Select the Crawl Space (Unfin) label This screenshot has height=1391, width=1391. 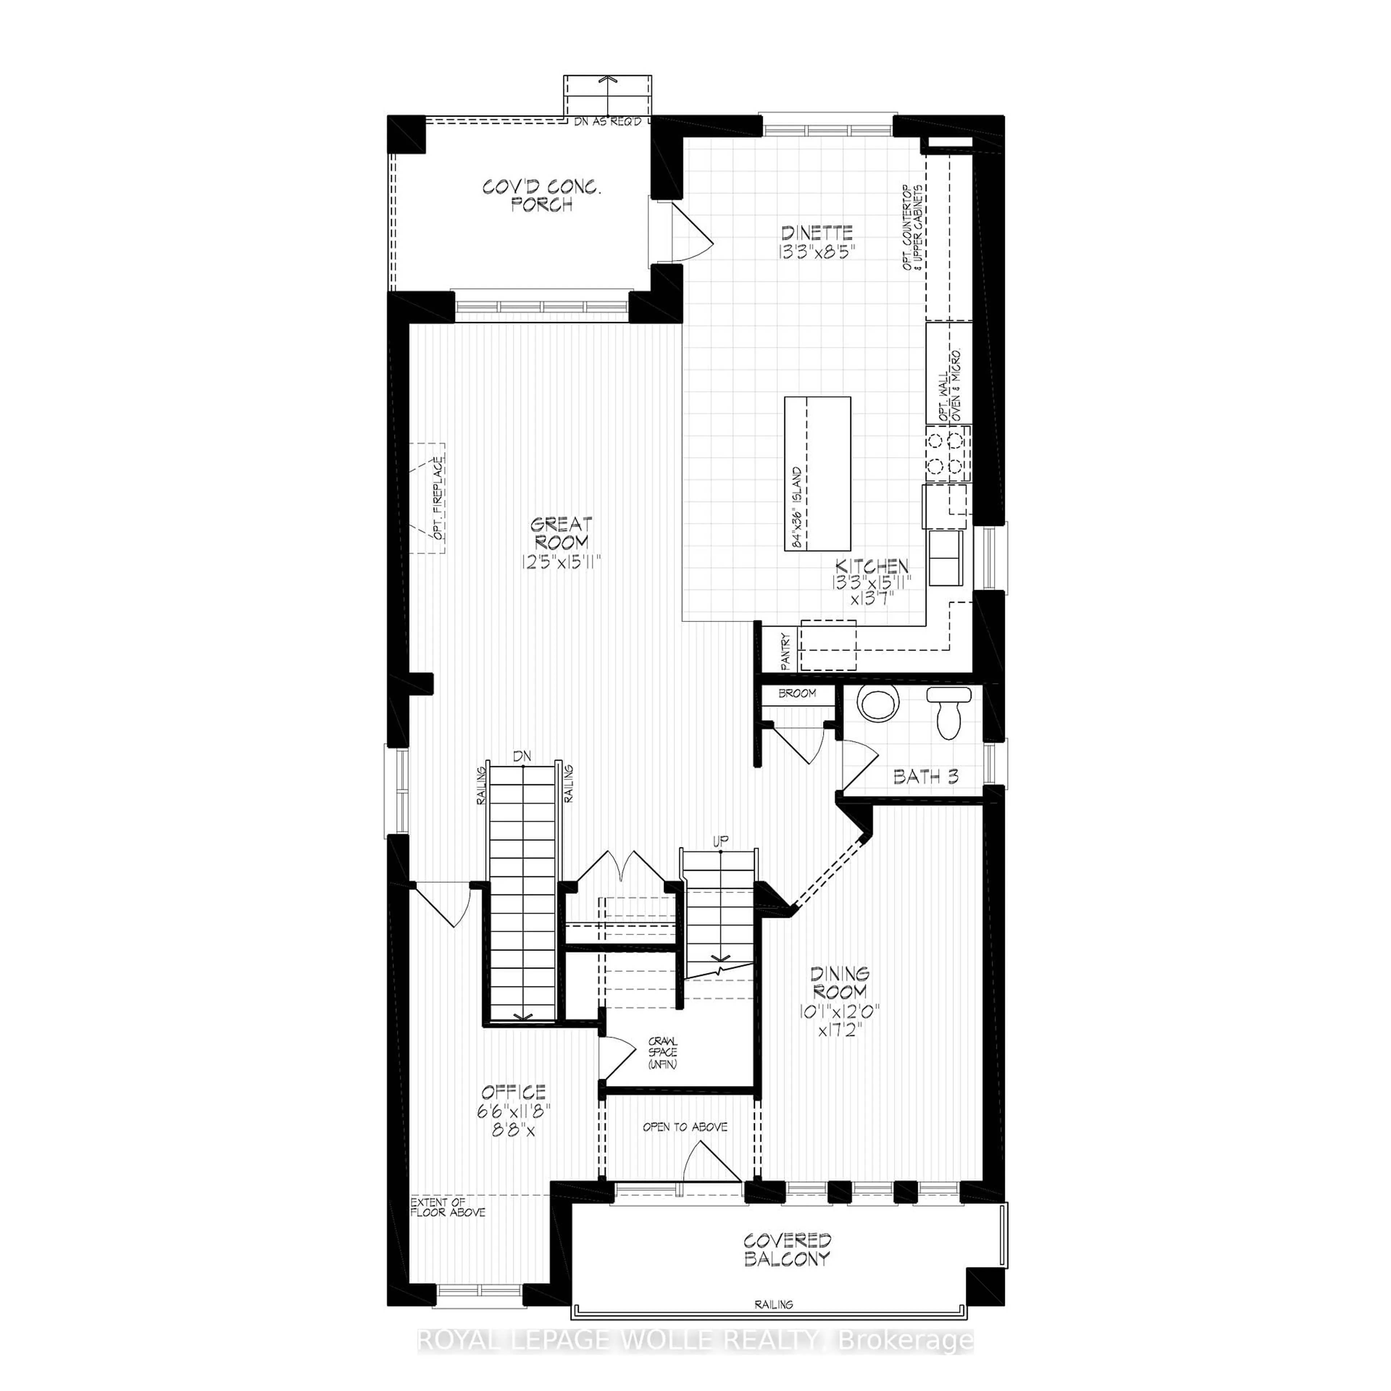point(663,1053)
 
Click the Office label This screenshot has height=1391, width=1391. point(514,1091)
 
